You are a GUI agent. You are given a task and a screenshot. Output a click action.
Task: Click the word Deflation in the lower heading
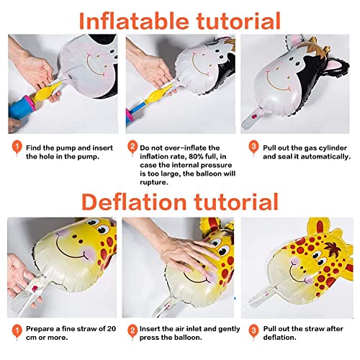pyautogui.click(x=134, y=202)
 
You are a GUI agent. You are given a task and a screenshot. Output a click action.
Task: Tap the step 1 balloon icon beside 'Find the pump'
pyautogui.click(x=17, y=147)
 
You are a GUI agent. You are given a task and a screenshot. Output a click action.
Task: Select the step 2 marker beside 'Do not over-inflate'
pyautogui.click(x=132, y=147)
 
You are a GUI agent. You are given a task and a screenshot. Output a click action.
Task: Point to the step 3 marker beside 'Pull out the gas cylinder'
pyautogui.click(x=253, y=147)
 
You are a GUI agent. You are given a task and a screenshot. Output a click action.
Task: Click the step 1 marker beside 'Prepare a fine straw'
pyautogui.click(x=17, y=331)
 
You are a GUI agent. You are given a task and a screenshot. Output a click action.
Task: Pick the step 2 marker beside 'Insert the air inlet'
pyautogui.click(x=132, y=331)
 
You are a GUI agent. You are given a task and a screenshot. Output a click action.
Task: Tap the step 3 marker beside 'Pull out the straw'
pyautogui.click(x=253, y=331)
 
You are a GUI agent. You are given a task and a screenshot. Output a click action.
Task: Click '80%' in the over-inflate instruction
pyautogui.click(x=196, y=156)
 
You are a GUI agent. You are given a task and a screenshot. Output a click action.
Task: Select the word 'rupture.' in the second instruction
pyautogui.click(x=154, y=183)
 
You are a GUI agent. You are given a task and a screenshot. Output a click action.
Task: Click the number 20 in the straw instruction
pyautogui.click(x=112, y=328)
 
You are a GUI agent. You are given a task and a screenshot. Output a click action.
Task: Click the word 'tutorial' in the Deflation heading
pyautogui.click(x=236, y=202)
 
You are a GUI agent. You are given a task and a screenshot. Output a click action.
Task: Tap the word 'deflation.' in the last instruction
pyautogui.click(x=279, y=338)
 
